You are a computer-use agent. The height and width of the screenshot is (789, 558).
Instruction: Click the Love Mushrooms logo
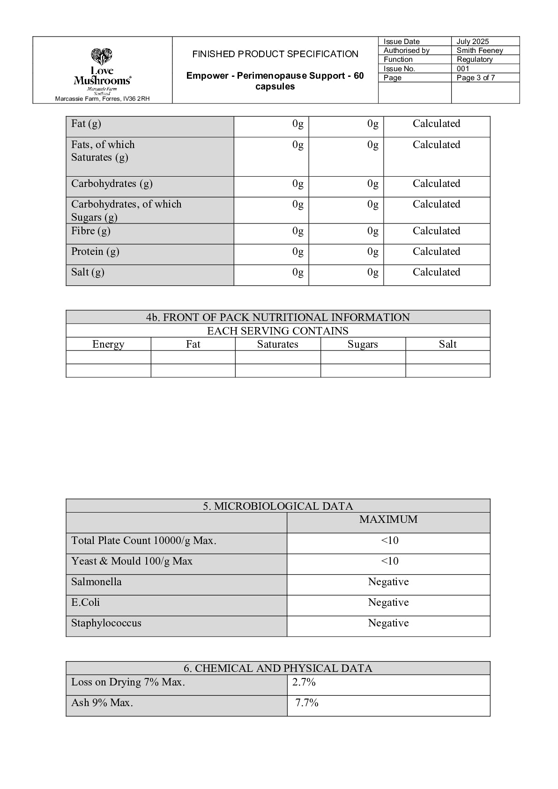(102, 71)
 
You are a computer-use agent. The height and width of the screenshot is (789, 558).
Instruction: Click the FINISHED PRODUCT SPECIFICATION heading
(275, 54)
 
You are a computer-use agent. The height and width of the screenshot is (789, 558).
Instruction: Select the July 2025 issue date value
(472, 42)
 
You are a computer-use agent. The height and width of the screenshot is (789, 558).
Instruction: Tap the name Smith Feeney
(479, 51)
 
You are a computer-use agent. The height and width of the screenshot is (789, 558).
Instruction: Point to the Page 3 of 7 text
(476, 78)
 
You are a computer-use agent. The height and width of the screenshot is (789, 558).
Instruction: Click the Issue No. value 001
(462, 69)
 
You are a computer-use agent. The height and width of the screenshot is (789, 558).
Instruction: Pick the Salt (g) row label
(88, 272)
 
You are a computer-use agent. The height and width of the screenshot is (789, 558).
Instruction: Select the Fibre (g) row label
(90, 231)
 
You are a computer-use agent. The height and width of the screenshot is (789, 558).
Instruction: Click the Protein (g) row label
(95, 252)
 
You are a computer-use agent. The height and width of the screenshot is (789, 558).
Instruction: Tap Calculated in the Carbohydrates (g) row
(436, 184)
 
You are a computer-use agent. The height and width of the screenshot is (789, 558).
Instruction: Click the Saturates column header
(277, 344)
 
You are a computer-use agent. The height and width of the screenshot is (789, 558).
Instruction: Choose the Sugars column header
(362, 344)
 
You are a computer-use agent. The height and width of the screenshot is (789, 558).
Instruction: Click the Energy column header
(108, 344)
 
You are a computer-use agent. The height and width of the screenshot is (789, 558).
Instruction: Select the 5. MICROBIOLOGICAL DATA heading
(277, 506)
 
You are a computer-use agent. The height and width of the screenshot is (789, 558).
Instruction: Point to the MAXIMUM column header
(388, 520)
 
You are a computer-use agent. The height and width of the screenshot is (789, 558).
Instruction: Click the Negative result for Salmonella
(388, 582)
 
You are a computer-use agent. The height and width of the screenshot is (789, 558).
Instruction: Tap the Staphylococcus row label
(106, 623)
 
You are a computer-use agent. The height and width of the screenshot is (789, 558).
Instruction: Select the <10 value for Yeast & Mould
(389, 561)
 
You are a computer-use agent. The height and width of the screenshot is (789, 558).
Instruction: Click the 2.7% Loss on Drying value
(304, 682)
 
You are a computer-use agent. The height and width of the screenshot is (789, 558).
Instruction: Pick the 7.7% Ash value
(306, 703)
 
